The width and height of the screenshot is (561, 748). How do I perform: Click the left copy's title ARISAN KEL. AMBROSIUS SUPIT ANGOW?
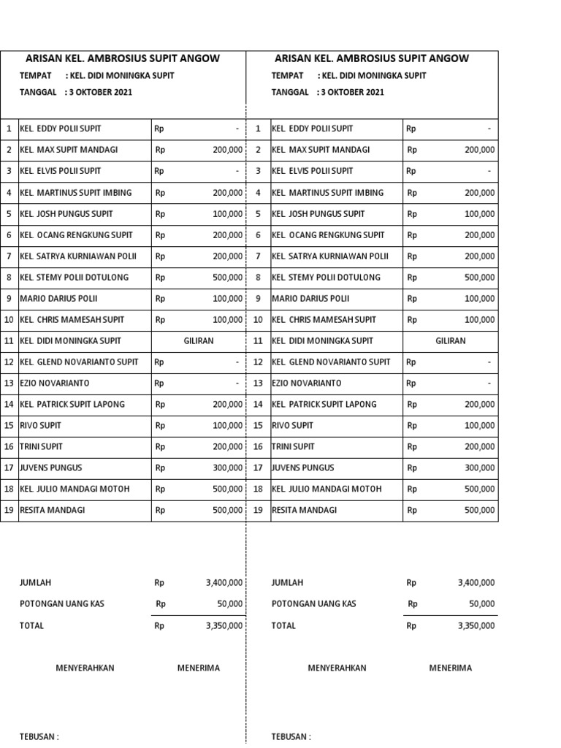coord(123,58)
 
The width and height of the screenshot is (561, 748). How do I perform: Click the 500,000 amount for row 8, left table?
coord(227,278)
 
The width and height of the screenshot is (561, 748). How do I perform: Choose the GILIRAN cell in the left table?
coord(198,341)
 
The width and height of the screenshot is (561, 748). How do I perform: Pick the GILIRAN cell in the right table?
coord(450,341)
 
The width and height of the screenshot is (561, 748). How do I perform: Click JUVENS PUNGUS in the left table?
coord(51,468)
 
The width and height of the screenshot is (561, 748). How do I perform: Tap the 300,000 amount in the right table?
coord(479,468)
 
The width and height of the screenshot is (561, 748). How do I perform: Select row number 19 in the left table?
coord(9,511)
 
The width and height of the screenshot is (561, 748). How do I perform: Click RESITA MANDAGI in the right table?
coord(304,511)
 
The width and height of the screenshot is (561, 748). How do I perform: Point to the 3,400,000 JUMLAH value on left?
coord(224,583)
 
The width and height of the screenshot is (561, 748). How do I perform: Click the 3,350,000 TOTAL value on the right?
coord(476,626)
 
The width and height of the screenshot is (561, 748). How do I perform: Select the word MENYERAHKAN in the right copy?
coord(337,668)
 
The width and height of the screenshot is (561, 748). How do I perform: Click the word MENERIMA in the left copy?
coord(198,668)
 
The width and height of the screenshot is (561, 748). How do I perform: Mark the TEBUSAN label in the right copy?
coord(291,737)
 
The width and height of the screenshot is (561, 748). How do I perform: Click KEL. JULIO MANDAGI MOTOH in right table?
coord(327,489)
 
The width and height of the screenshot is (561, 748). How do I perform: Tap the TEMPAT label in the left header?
coord(35,76)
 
